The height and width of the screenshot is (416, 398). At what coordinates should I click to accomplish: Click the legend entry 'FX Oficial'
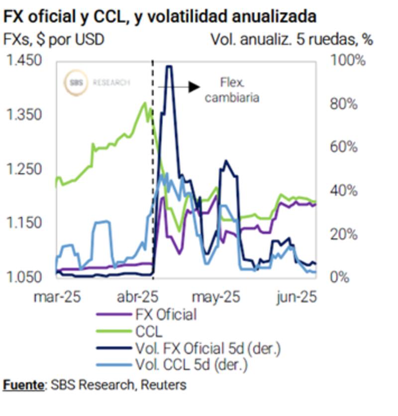(x=165, y=314)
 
